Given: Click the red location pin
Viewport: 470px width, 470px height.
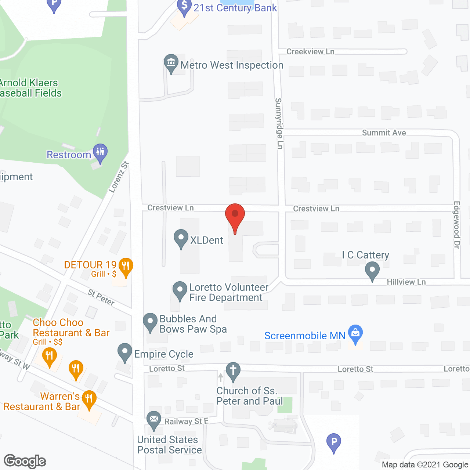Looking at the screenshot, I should pos(235,215).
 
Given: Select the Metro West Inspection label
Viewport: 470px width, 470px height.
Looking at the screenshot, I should pos(232,65).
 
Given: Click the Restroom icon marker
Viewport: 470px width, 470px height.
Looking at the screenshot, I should pos(100,152).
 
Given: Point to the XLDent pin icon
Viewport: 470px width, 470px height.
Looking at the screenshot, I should pos(181,238).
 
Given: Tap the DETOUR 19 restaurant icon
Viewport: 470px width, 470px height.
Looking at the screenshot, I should pos(126,266).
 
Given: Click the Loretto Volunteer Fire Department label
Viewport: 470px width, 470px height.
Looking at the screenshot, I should pos(228,292).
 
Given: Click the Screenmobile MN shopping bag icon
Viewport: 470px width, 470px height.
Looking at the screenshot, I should pos(355,333).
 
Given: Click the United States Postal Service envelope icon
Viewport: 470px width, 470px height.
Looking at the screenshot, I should pos(154,419).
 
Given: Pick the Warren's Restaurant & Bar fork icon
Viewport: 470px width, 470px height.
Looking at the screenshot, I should pos(89,399).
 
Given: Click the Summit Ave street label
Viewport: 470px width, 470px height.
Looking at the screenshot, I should pos(384,133).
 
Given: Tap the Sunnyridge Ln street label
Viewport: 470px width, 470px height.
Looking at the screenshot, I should pos(279,123).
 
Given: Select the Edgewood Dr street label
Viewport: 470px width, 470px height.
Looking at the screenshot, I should pos(457,225).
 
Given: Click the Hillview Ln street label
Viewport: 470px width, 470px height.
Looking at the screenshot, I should pos(406,282).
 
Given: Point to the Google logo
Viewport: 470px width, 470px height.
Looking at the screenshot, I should pos(25,461).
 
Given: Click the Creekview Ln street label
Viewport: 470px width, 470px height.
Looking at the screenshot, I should pos(310,52).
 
